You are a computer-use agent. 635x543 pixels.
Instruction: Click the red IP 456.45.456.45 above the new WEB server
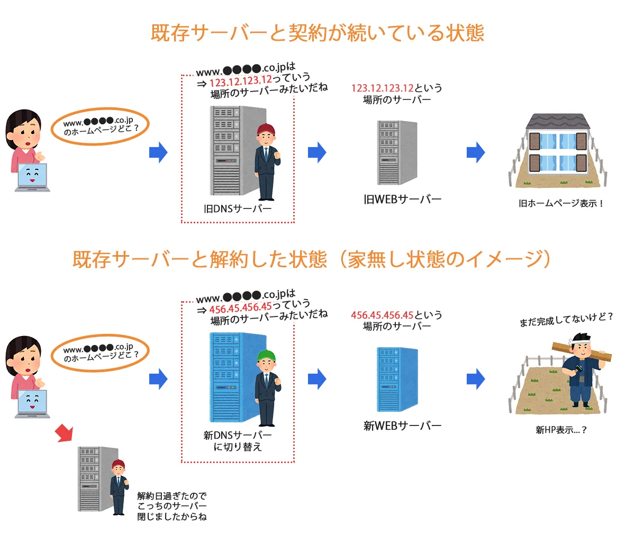[x=382, y=315]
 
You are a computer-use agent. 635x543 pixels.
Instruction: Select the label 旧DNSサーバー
[x=238, y=209]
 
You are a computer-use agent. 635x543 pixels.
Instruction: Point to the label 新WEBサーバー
[x=402, y=426]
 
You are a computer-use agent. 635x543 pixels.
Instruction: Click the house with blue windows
[x=558, y=146]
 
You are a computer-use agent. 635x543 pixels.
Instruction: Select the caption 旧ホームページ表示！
[x=561, y=203]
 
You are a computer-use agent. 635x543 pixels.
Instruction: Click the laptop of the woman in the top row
[x=32, y=177]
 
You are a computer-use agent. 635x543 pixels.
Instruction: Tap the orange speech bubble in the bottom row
[x=99, y=353]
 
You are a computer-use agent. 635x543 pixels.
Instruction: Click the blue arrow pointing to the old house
[x=476, y=152]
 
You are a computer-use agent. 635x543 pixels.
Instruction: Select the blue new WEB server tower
[x=397, y=378]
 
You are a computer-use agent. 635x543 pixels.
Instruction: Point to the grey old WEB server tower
[x=397, y=152]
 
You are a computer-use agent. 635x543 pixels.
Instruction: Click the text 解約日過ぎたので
[x=171, y=496]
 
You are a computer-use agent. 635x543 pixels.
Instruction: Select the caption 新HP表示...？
[x=561, y=430]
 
